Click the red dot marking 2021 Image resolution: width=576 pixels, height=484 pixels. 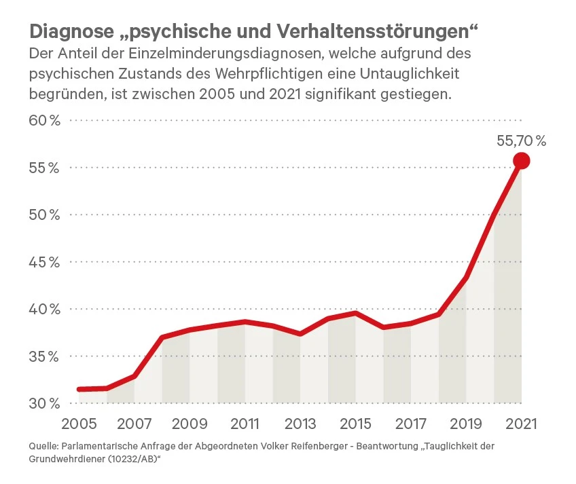pyautogui.click(x=521, y=161)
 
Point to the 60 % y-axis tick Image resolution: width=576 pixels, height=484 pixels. pyautogui.click(x=46, y=121)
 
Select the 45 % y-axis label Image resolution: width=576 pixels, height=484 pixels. pyautogui.click(x=46, y=262)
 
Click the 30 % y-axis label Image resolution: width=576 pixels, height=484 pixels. pyautogui.click(x=46, y=403)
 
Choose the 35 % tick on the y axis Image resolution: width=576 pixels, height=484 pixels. pyautogui.click(x=46, y=356)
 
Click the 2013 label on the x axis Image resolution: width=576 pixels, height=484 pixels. pyautogui.click(x=300, y=424)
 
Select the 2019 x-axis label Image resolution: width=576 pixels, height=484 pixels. pyautogui.click(x=466, y=424)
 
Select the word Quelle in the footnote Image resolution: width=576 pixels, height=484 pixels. pyautogui.click(x=43, y=447)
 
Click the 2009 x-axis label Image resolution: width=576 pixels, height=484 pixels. pyautogui.click(x=190, y=424)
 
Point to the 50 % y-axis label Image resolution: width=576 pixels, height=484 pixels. pyautogui.click(x=46, y=215)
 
